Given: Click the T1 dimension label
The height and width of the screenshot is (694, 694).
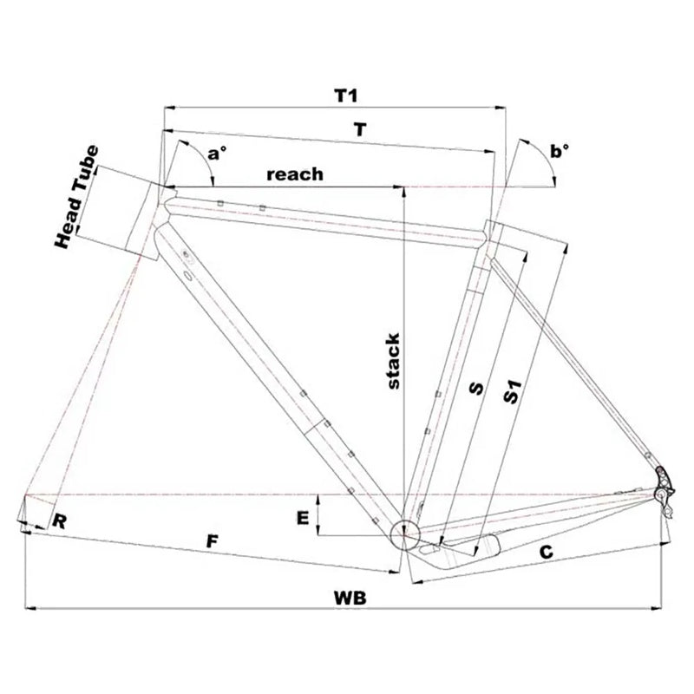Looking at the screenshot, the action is [345, 95].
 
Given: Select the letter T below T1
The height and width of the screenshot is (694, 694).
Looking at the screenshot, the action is [361, 129].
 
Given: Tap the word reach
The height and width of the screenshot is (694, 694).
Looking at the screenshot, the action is [295, 174].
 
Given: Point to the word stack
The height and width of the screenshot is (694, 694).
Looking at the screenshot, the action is [393, 361].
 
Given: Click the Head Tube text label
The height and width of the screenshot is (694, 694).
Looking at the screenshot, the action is [77, 197].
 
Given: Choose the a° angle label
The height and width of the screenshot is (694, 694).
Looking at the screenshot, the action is [217, 154].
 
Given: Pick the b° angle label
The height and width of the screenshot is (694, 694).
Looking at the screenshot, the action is [560, 151].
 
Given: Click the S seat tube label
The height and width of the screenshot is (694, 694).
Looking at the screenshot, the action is [476, 388].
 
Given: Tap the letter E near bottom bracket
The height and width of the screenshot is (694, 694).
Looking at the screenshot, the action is [303, 517].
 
